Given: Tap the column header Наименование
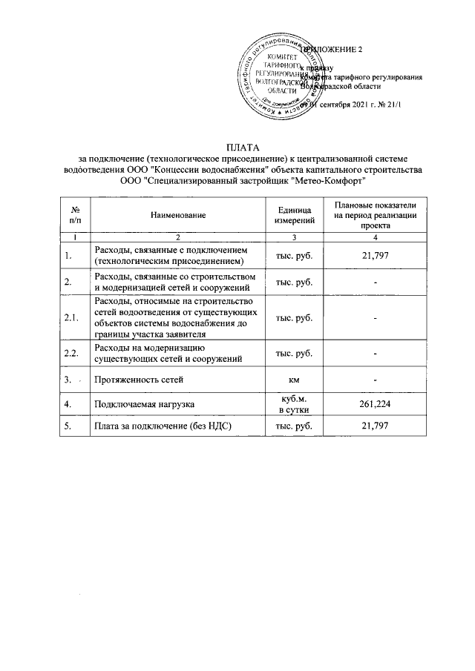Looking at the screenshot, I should [x=177, y=214].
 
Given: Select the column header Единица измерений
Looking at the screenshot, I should [x=295, y=214].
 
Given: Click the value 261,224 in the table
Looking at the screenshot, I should [x=375, y=404].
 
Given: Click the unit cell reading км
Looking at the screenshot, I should [x=295, y=380].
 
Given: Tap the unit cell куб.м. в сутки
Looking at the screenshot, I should [x=295, y=404].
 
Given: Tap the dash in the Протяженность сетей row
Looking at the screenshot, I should [x=376, y=380].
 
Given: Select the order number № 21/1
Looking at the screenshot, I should [x=387, y=105].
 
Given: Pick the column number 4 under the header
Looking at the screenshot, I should [x=375, y=237].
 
